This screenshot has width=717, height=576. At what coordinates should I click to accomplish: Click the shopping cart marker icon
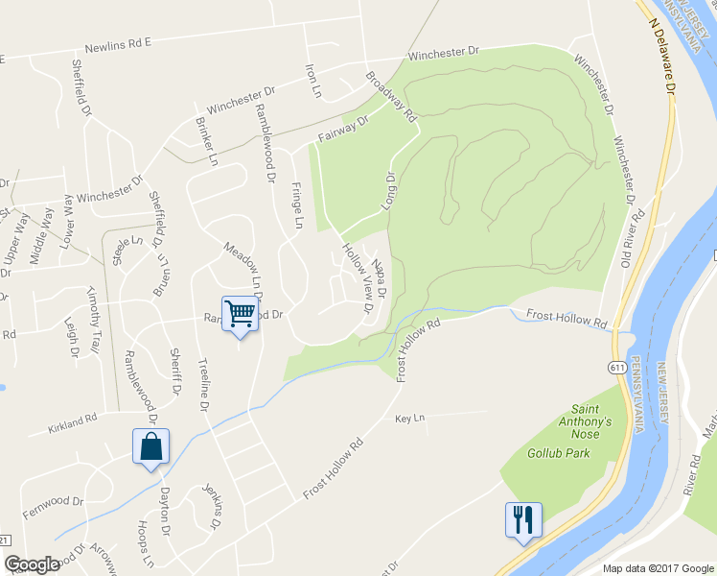tap(240, 312)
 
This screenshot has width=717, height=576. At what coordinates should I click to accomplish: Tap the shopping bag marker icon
tap(151, 446)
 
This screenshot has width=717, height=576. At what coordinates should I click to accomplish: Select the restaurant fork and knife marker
tap(523, 520)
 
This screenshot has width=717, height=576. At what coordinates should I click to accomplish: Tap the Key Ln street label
tap(408, 420)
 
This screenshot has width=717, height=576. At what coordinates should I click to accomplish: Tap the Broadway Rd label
tap(391, 96)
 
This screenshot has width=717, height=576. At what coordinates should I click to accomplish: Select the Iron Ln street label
tap(312, 82)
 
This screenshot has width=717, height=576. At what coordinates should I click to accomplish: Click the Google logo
tap(32, 565)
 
